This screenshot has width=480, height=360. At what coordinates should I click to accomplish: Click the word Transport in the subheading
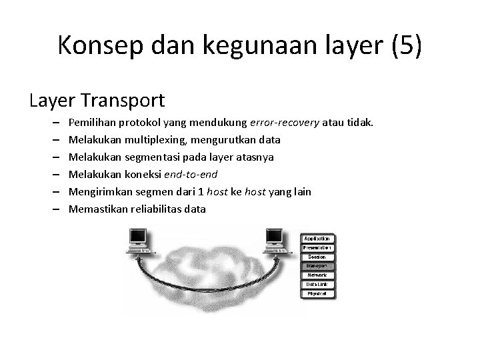[125, 100]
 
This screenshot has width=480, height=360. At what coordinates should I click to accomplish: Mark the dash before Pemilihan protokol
[53, 123]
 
